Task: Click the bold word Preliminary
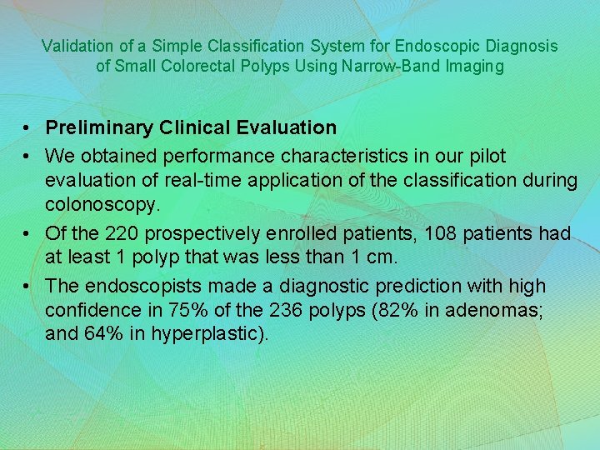pos(100,127)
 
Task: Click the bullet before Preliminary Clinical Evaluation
pos(27,128)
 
